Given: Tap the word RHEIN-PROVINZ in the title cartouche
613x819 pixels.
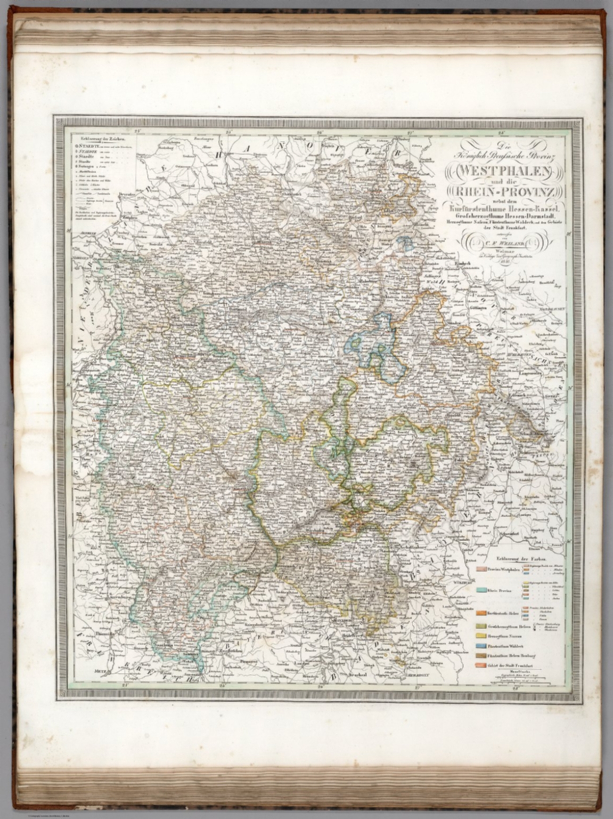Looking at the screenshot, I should click(503, 192).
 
